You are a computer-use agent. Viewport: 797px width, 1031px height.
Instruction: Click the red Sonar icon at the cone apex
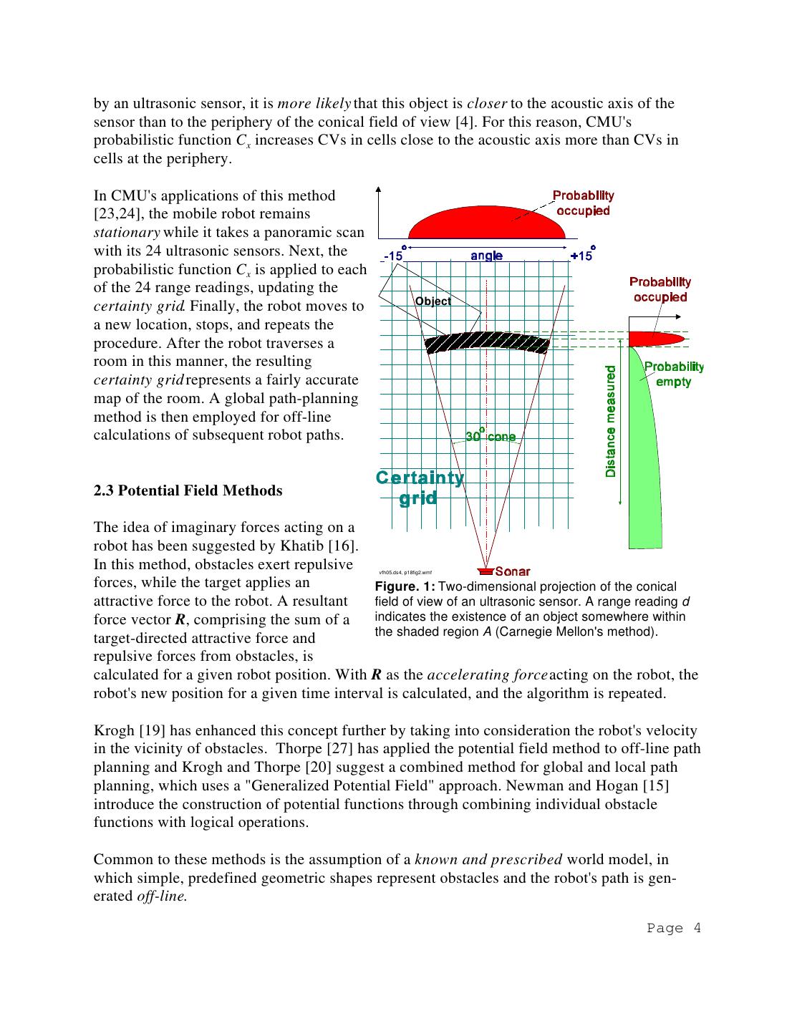pos(486,571)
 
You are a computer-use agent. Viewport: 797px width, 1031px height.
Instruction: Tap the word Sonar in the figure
pos(513,571)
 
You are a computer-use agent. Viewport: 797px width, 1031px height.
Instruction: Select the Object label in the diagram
pos(433,301)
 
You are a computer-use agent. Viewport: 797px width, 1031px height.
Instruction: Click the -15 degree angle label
pos(393,256)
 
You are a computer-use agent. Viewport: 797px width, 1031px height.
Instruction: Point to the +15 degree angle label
pos(581,256)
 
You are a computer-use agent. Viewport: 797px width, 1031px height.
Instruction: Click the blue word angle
pos(487,256)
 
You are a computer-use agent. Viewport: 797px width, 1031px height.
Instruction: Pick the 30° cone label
pos(491,436)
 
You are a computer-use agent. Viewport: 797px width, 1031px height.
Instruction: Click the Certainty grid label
pos(420,488)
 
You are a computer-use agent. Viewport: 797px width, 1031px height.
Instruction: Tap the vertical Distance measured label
pos(611,422)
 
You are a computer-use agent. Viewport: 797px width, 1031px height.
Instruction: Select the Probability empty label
pos(673,374)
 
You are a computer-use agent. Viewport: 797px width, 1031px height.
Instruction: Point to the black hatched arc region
pos(487,342)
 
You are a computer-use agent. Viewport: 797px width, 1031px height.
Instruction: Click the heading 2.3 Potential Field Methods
pos(188,490)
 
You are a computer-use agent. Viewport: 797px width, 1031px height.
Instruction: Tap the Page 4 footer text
pos(674,929)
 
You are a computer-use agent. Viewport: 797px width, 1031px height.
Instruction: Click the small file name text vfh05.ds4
pos(390,573)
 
